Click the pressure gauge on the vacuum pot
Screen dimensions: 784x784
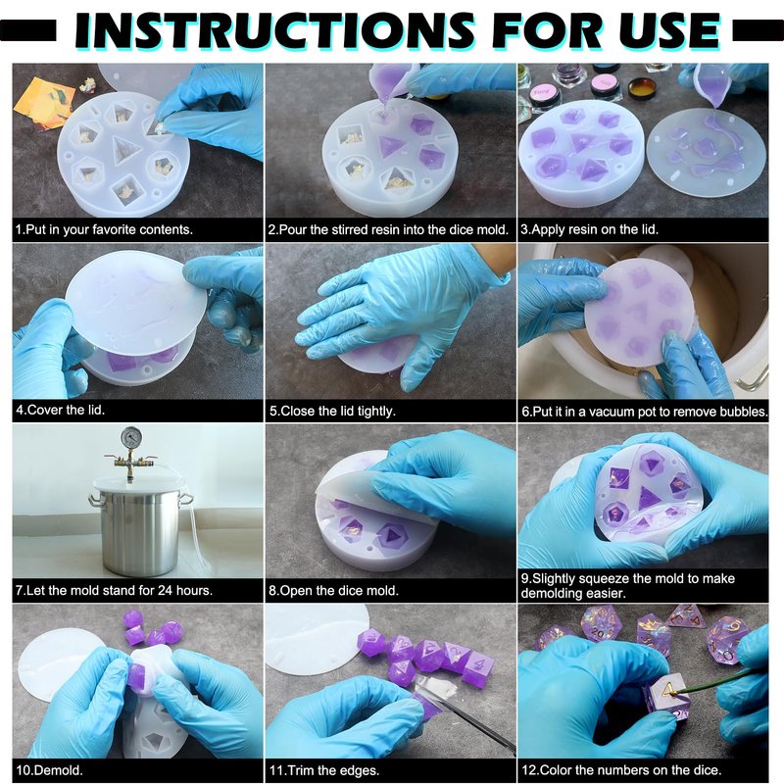pyautogui.click(x=131, y=438)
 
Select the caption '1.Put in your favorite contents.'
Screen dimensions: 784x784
pyautogui.click(x=104, y=229)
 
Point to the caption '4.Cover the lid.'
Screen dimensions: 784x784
pyautogui.click(x=60, y=410)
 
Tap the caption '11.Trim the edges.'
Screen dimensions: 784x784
pyautogui.click(x=324, y=770)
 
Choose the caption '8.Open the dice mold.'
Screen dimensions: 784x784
pyautogui.click(x=333, y=591)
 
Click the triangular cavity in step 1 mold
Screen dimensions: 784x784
pyautogui.click(x=123, y=149)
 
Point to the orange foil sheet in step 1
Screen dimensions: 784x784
pyautogui.click(x=44, y=102)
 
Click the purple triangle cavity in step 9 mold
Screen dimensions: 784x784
pyautogui.click(x=649, y=498)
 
